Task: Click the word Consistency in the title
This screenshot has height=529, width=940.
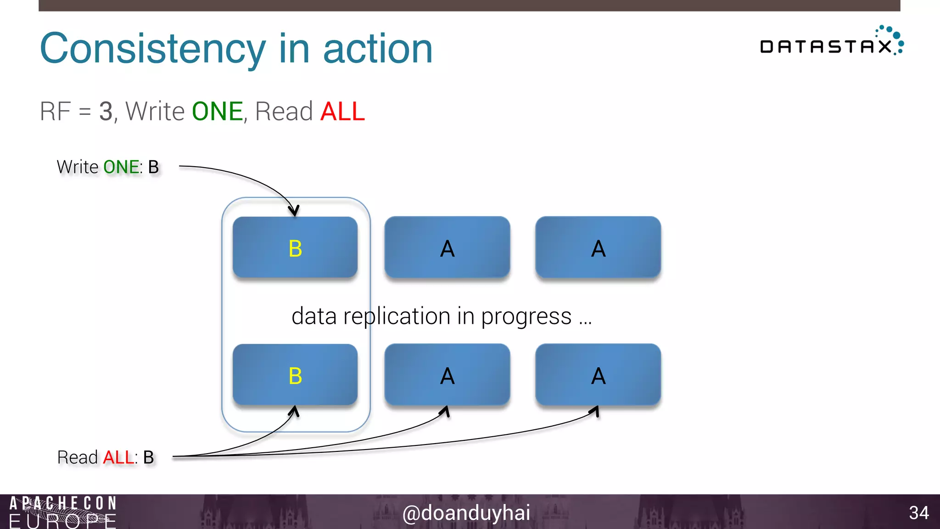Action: pos(153,49)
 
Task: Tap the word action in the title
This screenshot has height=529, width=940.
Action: pos(378,49)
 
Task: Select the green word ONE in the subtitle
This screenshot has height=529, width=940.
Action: pos(217,112)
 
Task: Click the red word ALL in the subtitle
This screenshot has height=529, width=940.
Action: pos(342,112)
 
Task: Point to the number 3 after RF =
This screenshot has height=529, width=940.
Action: pos(106,112)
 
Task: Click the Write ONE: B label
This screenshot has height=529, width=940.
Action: pos(108,167)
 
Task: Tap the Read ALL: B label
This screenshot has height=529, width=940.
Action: pos(106,457)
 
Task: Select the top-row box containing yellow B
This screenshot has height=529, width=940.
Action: pos(295,248)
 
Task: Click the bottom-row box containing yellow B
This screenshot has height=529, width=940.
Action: pos(295,375)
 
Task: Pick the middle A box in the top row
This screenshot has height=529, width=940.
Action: pos(447,248)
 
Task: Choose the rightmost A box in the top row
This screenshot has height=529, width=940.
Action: pos(598,248)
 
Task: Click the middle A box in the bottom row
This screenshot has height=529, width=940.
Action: pos(447,375)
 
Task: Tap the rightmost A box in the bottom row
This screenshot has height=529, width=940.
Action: pos(598,375)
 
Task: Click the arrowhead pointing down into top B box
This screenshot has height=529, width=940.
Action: pos(294,211)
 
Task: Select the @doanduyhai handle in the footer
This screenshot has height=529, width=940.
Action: pos(466,512)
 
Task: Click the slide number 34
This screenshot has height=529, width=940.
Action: pos(918,513)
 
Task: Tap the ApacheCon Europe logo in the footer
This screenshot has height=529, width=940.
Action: pos(63,512)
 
